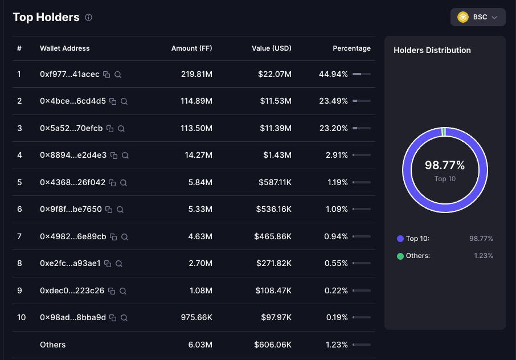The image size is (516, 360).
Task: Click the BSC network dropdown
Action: pyautogui.click(x=478, y=17)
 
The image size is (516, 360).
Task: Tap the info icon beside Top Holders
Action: pyautogui.click(x=88, y=18)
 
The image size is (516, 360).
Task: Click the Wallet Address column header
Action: pyautogui.click(x=65, y=48)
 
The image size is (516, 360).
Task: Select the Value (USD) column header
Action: pyautogui.click(x=272, y=48)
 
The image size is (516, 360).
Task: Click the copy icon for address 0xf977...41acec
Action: pyautogui.click(x=107, y=75)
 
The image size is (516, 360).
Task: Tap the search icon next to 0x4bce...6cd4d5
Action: pyautogui.click(x=124, y=101)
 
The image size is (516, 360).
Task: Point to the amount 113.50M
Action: pyautogui.click(x=196, y=128)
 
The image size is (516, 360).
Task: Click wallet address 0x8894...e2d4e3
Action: pyautogui.click(x=73, y=155)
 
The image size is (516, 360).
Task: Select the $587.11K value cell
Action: pyautogui.click(x=275, y=182)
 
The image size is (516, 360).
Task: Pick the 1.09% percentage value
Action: pyautogui.click(x=337, y=209)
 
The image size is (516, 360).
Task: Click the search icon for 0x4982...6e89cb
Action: pyautogui.click(x=125, y=237)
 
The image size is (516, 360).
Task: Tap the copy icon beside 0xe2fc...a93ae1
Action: pyautogui.click(x=108, y=264)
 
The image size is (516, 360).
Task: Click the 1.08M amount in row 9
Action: pyautogui.click(x=201, y=291)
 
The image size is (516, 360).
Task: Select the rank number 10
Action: pyautogui.click(x=22, y=317)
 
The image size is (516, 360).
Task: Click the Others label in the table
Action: pyautogui.click(x=52, y=345)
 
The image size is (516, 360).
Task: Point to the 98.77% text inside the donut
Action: pyautogui.click(x=445, y=165)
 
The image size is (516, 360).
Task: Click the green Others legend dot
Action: pyautogui.click(x=400, y=256)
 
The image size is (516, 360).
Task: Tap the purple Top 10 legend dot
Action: pyautogui.click(x=400, y=239)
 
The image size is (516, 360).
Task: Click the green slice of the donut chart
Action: pyautogui.click(x=444, y=132)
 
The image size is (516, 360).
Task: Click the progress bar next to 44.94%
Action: pyautogui.click(x=361, y=74)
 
